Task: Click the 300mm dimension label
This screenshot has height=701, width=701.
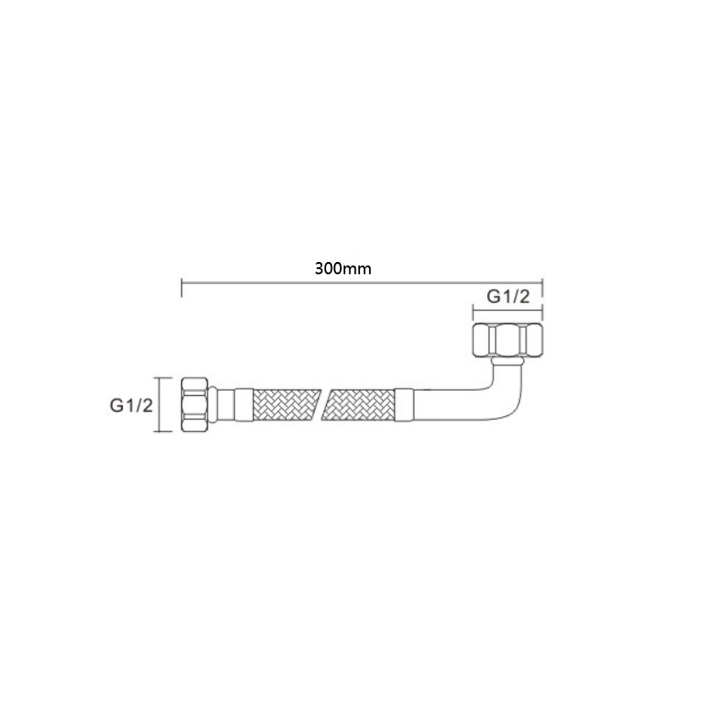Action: [343, 269]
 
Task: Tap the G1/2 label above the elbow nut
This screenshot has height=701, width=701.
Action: [508, 296]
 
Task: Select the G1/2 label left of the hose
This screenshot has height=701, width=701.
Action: [131, 406]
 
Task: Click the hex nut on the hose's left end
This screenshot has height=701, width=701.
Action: [195, 405]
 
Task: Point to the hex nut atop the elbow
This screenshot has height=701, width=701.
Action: [508, 340]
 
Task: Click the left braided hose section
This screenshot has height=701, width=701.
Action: [287, 405]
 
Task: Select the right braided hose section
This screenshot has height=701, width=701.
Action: [359, 405]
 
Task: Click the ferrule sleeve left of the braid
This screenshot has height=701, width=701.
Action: [244, 405]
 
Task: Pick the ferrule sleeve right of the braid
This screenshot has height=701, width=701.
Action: [404, 405]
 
